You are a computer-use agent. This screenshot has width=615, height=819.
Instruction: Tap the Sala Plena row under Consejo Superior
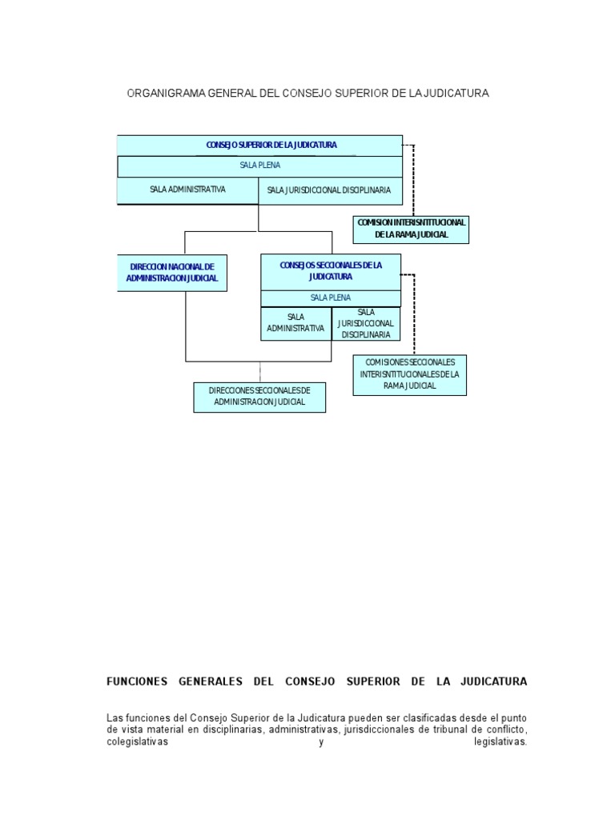click(x=259, y=166)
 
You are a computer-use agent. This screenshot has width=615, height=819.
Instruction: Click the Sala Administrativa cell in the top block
click(x=187, y=190)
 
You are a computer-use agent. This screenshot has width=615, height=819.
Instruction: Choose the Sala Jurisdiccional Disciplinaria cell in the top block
click(x=329, y=190)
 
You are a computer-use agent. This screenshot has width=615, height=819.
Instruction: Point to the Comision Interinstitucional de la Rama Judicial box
click(x=411, y=229)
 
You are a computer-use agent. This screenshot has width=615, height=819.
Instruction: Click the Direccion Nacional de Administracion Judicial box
click(x=171, y=273)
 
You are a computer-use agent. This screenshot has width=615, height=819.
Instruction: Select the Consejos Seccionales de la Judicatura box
click(x=331, y=270)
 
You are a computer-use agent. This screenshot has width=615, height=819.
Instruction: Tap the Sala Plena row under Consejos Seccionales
click(x=331, y=298)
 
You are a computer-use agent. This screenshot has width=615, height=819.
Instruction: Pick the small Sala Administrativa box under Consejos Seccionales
click(x=295, y=323)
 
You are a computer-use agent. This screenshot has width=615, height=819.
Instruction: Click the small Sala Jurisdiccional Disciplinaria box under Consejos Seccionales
click(x=366, y=323)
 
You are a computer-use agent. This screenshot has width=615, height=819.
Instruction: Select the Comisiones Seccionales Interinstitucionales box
click(x=409, y=374)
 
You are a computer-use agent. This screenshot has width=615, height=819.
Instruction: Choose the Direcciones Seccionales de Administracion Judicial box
click(x=259, y=397)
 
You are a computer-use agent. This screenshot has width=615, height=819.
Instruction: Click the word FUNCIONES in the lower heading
click(x=137, y=681)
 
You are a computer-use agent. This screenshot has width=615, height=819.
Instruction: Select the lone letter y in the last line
click(x=320, y=742)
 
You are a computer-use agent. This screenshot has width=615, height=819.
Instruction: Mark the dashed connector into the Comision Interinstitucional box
click(x=414, y=180)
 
